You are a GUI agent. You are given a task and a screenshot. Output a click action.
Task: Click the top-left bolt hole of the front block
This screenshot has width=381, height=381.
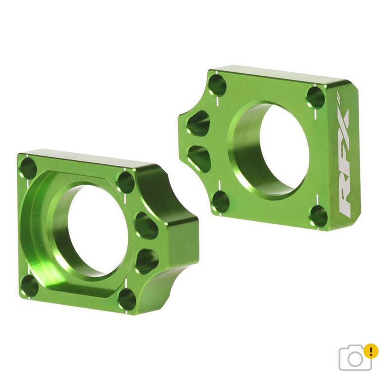(x=28, y=168)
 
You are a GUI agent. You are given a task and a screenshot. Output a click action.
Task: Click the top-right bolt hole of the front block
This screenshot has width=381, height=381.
(x=125, y=182)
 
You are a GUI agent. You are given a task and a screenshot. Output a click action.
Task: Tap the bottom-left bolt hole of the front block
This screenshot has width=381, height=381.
(x=30, y=286)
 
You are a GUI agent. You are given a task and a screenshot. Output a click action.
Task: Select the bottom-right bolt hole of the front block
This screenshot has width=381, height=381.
(x=127, y=299)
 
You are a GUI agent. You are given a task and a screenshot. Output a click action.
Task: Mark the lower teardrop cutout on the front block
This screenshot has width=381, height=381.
(x=147, y=261)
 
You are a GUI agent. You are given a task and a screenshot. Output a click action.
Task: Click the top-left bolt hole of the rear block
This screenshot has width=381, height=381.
(x=217, y=85)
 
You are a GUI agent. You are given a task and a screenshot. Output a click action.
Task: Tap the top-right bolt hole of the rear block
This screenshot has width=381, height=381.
(x=315, y=97)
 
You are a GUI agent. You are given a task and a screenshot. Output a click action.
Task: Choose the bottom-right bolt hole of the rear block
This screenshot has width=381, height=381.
(x=319, y=216)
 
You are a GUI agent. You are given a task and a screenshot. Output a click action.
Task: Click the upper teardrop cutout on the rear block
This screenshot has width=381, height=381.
(x=199, y=123)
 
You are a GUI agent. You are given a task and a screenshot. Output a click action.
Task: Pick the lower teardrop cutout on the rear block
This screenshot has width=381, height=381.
(x=200, y=158)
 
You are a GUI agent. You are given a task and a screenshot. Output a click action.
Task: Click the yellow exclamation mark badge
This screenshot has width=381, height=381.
(x=371, y=352)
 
